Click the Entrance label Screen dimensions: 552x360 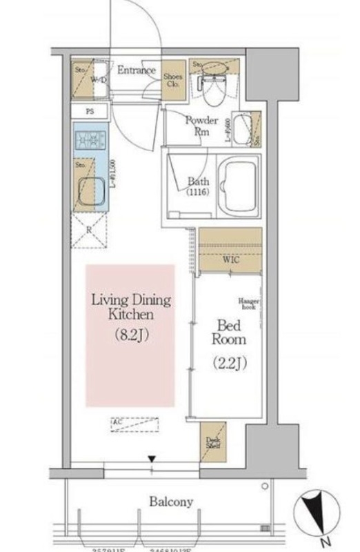(135, 70)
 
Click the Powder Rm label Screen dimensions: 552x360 (201, 125)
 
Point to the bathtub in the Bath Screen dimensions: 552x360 (238, 188)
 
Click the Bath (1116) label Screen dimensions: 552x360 (199, 187)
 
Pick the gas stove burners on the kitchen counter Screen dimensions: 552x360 (88, 142)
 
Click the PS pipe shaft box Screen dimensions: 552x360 (90, 111)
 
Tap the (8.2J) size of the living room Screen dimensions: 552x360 (131, 336)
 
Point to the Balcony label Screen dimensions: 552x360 (171, 502)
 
